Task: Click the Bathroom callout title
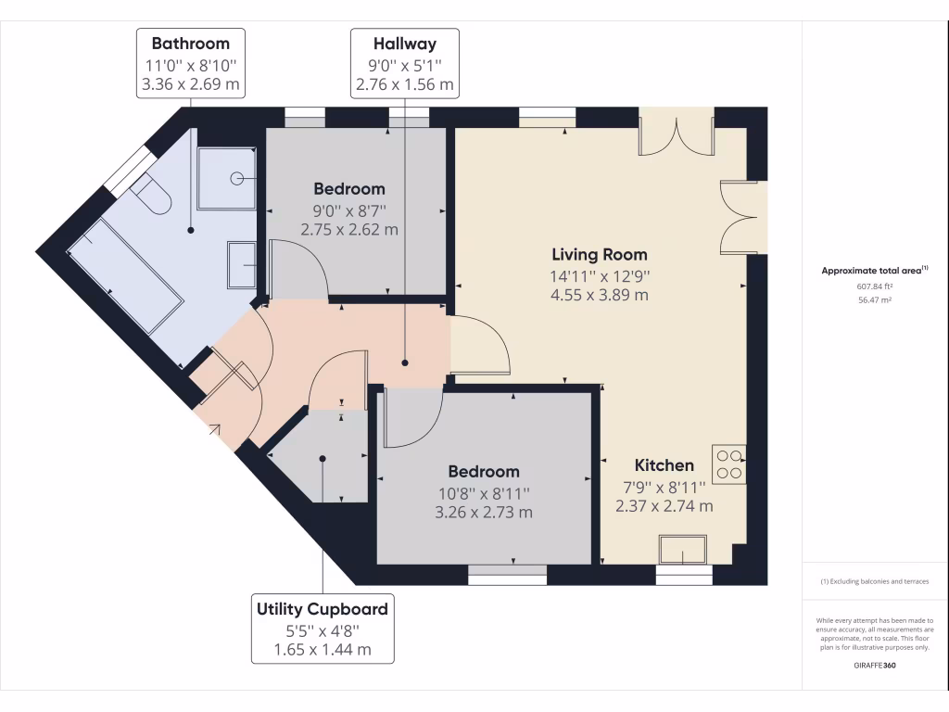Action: click(190, 43)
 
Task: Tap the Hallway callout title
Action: click(404, 43)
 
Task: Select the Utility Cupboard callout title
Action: click(322, 609)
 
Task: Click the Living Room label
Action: click(600, 254)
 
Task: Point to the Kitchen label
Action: click(664, 465)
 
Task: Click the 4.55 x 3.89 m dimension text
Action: click(600, 296)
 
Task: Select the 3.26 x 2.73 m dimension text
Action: click(484, 512)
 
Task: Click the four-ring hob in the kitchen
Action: click(728, 464)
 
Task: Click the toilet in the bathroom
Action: click(152, 196)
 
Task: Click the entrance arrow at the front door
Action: click(214, 428)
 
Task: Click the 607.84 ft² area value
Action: click(875, 286)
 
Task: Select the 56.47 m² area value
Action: click(875, 300)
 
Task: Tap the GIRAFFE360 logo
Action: click(875, 666)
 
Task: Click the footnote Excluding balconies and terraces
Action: click(875, 581)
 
